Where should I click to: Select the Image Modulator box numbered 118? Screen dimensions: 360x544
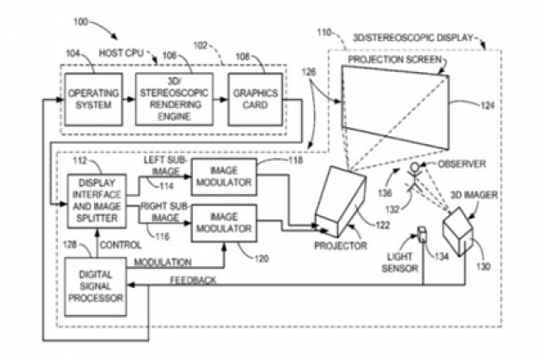pos(222,176)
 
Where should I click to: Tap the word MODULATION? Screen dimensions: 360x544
pos(163,263)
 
